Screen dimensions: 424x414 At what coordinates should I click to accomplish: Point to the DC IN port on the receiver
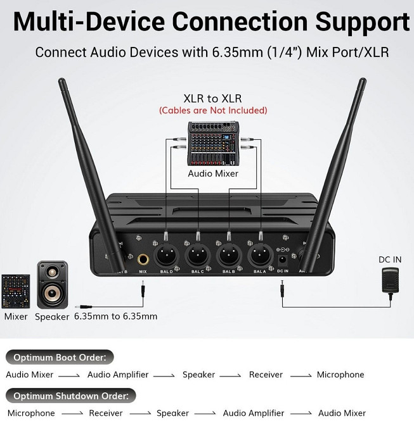point(282,258)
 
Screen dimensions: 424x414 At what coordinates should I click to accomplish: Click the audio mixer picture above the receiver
point(212,144)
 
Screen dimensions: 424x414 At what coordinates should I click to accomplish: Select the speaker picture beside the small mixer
point(51,284)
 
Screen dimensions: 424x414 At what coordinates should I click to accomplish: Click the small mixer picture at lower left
point(15,290)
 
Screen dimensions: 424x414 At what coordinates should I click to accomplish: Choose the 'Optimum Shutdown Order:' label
point(71,396)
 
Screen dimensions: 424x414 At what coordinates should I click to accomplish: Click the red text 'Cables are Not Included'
point(212,111)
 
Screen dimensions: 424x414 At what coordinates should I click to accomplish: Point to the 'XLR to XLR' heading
point(212,98)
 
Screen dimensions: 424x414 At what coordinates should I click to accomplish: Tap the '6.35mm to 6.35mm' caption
point(115,316)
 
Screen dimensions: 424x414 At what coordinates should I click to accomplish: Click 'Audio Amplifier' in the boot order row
point(118,375)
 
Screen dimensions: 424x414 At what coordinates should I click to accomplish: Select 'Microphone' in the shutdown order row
point(31,413)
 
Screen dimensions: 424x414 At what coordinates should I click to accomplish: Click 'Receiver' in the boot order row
point(266,375)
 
